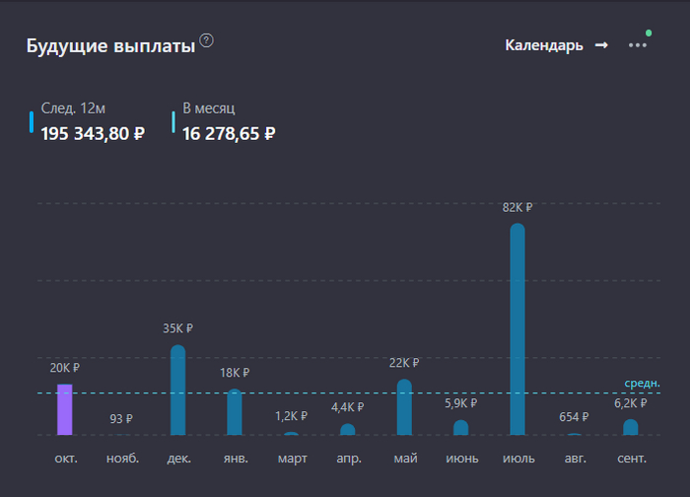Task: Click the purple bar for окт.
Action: pyautogui.click(x=65, y=409)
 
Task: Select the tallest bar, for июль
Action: pyautogui.click(x=517, y=329)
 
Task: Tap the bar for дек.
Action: pyautogui.click(x=178, y=390)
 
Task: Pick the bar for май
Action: pyautogui.click(x=404, y=407)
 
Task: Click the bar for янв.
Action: pyautogui.click(x=235, y=412)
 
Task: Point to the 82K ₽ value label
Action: pyautogui.click(x=517, y=208)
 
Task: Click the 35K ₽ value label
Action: pyautogui.click(x=178, y=328)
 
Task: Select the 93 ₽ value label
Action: pyautogui.click(x=121, y=418)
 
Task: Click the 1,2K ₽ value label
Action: pyautogui.click(x=292, y=416)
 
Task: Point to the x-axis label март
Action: pyautogui.click(x=292, y=459)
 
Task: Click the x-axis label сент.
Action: pyautogui.click(x=631, y=459)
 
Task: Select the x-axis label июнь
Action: pyautogui.click(x=461, y=459)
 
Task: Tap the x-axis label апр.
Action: pyautogui.click(x=348, y=459)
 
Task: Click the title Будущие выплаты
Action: pyautogui.click(x=110, y=46)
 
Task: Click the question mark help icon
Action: pyautogui.click(x=206, y=40)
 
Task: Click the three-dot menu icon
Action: pyautogui.click(x=638, y=45)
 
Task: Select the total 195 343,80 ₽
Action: pyautogui.click(x=93, y=133)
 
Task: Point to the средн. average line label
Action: pyautogui.click(x=642, y=383)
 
